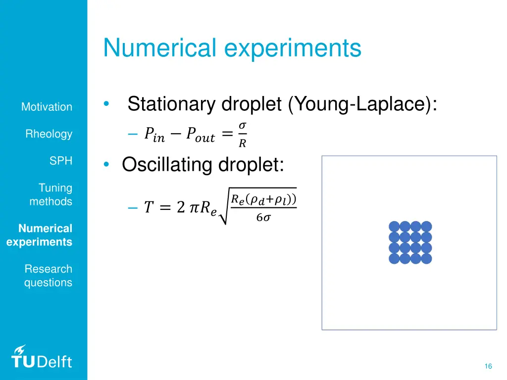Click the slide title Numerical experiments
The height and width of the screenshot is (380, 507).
coord(232,48)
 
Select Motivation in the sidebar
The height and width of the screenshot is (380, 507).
coord(47,107)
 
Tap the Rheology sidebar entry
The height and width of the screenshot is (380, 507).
coord(49,134)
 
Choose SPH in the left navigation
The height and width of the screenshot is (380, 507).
coord(60,161)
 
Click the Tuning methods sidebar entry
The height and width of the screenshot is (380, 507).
coord(51,195)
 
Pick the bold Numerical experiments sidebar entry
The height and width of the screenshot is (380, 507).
coord(40,236)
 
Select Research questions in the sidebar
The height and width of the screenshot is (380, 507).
coord(48,276)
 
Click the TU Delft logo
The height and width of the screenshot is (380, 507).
coord(41,357)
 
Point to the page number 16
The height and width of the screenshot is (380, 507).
coord(488,366)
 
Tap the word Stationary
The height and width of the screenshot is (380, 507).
coord(171,104)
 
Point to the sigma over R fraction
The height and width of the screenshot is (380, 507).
coord(242,135)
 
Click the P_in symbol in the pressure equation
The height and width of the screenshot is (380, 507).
coord(154,135)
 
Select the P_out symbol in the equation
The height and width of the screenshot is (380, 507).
coord(201,135)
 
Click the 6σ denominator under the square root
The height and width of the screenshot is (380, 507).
coord(263,217)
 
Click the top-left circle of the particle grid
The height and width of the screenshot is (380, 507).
coord(394,227)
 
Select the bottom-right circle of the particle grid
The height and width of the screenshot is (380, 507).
coord(426,258)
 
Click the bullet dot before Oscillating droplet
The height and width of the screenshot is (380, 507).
coord(107,165)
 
